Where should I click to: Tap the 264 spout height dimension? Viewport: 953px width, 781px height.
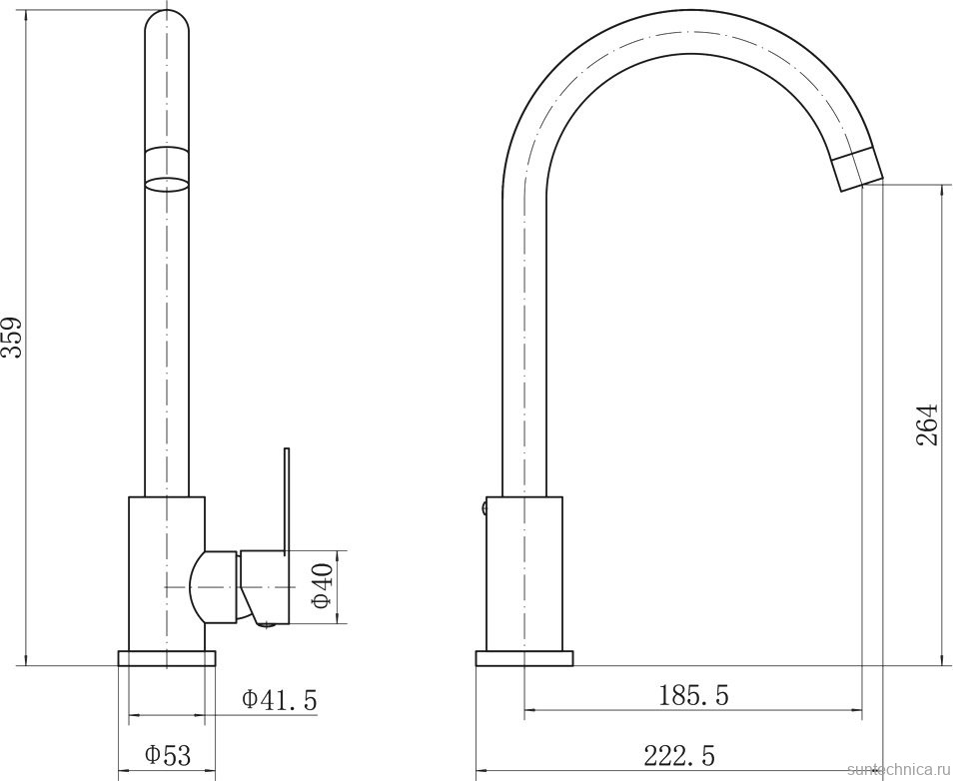926,424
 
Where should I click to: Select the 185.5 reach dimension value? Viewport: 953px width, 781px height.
693,694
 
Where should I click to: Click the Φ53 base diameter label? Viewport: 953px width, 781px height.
168,755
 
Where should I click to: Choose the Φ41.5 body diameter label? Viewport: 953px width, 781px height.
280,699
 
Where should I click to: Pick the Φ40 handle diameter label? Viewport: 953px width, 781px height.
322,586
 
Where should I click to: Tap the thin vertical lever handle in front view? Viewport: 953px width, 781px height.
287,500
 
